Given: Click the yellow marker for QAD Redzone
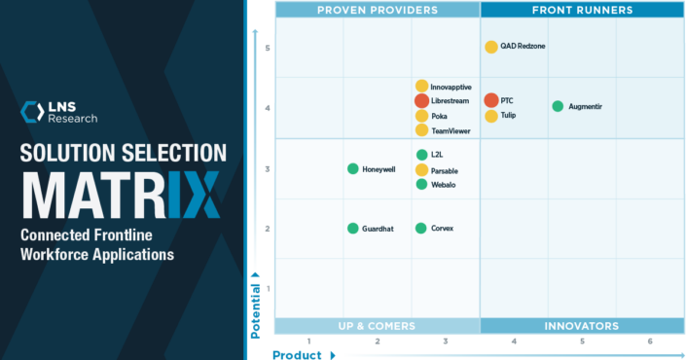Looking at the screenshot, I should [491, 47].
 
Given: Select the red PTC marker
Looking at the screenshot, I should [491, 100].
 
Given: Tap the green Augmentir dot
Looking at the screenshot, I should [558, 106].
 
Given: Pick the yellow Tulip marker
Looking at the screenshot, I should [491, 116].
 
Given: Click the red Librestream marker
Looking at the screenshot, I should [421, 100].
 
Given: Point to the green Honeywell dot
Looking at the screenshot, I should [353, 168].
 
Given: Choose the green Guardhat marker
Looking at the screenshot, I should [353, 228].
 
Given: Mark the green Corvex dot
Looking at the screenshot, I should [421, 228].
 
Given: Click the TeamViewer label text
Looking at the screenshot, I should [451, 130].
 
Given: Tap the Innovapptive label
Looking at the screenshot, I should [452, 87].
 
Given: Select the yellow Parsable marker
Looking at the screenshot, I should [421, 169].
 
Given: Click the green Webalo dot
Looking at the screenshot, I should [421, 184].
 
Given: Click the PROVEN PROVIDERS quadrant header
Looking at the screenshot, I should [378, 10].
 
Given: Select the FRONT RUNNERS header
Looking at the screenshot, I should [582, 10].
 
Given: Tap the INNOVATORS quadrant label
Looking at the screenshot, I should [582, 326].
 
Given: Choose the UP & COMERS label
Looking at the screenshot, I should [378, 326].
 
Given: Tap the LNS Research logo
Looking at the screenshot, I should [59, 112].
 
